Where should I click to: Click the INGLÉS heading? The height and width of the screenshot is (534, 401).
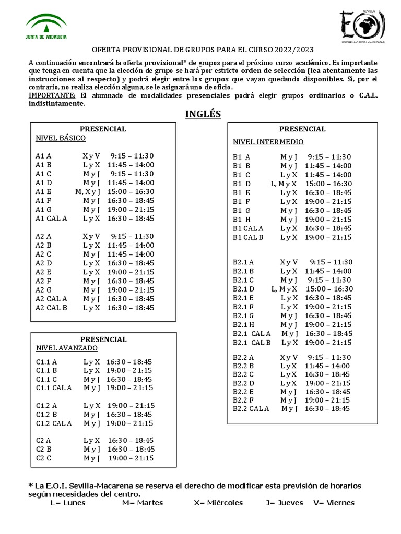(x=203, y=114)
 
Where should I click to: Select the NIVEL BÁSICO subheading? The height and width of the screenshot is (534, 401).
(x=61, y=138)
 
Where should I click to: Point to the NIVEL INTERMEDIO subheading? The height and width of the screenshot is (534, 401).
(x=268, y=142)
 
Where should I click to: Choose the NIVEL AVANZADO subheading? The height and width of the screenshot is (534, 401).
(x=66, y=348)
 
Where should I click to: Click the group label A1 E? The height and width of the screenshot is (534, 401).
(x=43, y=191)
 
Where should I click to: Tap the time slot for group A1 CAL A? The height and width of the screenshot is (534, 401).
(x=131, y=219)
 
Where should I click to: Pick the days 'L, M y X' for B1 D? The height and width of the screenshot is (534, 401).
(x=284, y=184)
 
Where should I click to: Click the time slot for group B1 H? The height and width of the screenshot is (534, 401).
(x=328, y=220)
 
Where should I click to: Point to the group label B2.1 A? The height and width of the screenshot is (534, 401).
(x=243, y=262)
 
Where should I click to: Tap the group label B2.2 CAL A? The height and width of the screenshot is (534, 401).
(x=251, y=409)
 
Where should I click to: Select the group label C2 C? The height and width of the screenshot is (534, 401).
(x=44, y=458)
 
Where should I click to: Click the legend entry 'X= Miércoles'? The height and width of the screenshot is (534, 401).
(x=218, y=503)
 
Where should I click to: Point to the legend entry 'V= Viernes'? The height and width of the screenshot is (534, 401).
(x=334, y=503)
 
